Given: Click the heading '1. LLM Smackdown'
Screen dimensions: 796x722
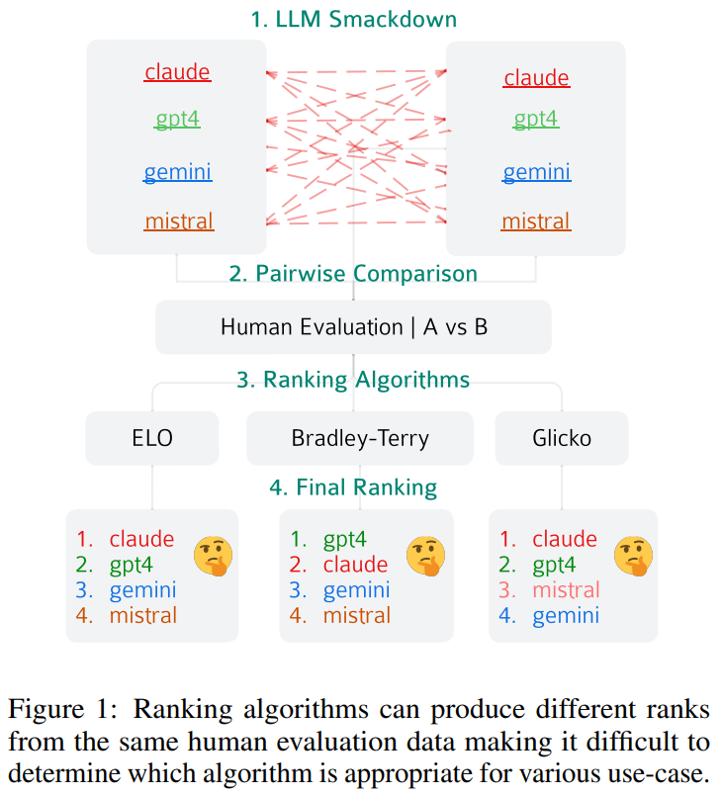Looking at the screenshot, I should [353, 19].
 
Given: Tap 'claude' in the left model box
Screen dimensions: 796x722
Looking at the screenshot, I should [178, 72].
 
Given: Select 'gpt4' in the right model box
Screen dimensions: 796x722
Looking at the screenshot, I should [536, 120].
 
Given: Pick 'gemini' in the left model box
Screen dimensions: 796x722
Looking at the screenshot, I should [178, 173].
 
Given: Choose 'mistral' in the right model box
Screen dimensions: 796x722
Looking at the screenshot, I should [536, 221].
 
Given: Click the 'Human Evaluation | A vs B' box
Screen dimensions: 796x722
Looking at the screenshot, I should [353, 326].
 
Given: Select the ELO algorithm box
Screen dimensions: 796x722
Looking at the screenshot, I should [151, 437].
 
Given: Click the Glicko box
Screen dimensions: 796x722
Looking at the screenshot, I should [561, 437].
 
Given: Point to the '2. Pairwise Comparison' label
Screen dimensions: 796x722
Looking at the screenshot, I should [353, 274].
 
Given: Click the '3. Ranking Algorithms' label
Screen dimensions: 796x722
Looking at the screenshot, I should [353, 381].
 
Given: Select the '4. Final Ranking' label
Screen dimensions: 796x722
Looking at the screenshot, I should [353, 487].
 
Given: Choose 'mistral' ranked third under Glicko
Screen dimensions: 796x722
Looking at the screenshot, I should [566, 590].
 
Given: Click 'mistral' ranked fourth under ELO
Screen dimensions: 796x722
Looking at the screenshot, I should [143, 615].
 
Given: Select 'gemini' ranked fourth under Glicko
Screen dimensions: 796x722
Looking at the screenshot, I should [566, 616].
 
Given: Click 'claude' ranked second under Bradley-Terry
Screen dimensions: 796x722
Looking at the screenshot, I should [355, 565].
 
